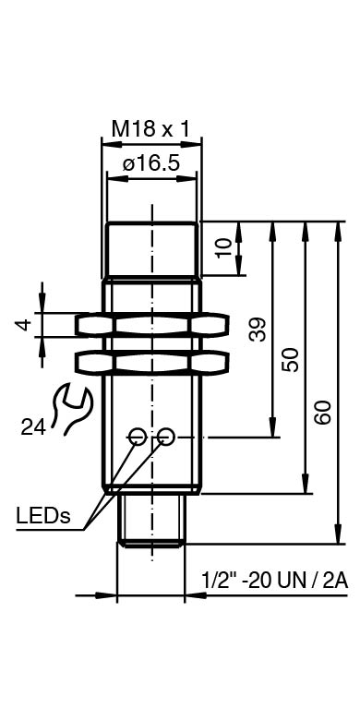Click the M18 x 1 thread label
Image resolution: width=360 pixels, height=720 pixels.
150,129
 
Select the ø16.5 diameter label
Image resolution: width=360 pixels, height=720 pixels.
150,163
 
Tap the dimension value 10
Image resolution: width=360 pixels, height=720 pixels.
225,248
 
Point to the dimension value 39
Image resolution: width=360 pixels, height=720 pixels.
258,330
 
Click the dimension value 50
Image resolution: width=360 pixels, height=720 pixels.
290,360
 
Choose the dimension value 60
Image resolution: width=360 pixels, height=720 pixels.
323,413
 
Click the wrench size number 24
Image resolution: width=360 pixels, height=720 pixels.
33,428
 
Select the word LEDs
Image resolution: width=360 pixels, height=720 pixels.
43,515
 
